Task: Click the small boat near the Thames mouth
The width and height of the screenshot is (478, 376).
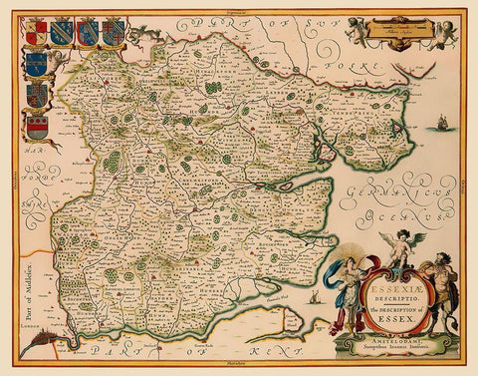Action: [x=315, y=298]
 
